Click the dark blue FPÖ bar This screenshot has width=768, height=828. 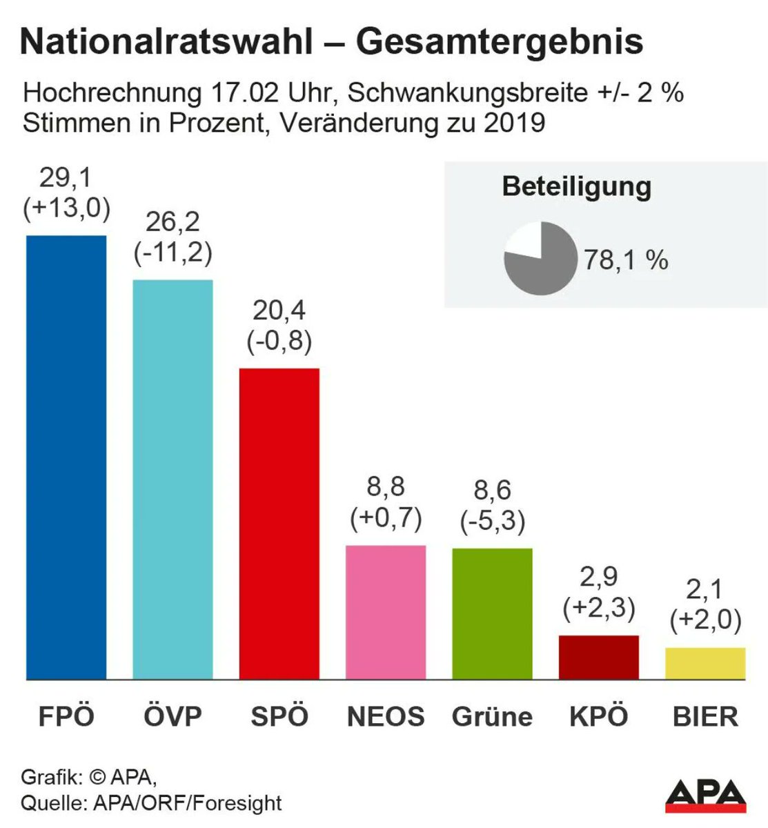(x=66, y=457)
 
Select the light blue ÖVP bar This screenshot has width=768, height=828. (x=173, y=479)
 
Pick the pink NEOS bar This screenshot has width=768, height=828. (x=386, y=612)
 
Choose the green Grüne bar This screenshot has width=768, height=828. (x=492, y=613)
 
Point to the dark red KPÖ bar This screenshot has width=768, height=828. (x=599, y=657)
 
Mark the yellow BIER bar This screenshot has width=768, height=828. (x=705, y=663)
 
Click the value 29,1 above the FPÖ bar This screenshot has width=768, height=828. (x=66, y=178)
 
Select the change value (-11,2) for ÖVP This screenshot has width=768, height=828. (x=173, y=253)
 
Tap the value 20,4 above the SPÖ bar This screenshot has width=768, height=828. (x=279, y=311)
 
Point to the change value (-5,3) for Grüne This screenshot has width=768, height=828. (x=492, y=522)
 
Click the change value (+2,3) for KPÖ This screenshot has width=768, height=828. (x=599, y=609)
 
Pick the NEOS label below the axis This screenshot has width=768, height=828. (x=386, y=717)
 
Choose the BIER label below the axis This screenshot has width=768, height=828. (x=705, y=717)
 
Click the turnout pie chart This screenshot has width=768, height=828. (x=540, y=259)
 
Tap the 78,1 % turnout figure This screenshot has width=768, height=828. (x=626, y=260)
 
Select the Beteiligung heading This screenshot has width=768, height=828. (x=576, y=187)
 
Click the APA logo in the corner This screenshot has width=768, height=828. (x=706, y=794)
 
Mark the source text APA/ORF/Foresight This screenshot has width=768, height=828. (x=187, y=803)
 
